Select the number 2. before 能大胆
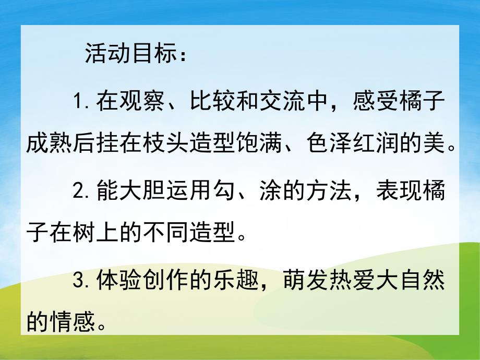pyautogui.click(x=84, y=192)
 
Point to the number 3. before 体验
pyautogui.click(x=84, y=282)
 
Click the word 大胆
pyautogui.click(x=140, y=192)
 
